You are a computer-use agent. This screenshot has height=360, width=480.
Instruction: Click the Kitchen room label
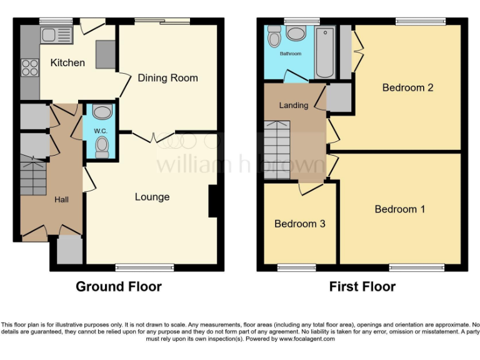[x=67, y=62]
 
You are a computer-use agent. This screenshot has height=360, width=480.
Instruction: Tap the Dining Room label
[x=167, y=78]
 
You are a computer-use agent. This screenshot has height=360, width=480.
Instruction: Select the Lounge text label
[x=152, y=197]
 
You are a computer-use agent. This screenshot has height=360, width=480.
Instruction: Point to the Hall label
[x=61, y=199]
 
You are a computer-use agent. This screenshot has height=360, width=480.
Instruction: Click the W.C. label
[x=101, y=131]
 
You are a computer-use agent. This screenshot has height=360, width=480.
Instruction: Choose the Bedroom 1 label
[x=399, y=209]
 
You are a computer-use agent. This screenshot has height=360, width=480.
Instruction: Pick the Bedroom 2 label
[x=407, y=87]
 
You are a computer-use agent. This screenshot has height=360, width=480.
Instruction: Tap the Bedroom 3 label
[x=299, y=223]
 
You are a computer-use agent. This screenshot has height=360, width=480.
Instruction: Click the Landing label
[x=293, y=105]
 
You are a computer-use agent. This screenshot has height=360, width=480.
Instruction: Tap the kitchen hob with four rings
[x=29, y=66]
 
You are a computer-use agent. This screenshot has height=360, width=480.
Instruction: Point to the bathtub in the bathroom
[x=324, y=52]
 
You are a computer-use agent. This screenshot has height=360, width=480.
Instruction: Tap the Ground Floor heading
[x=119, y=287]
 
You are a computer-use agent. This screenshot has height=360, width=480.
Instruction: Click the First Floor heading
[x=362, y=287]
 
